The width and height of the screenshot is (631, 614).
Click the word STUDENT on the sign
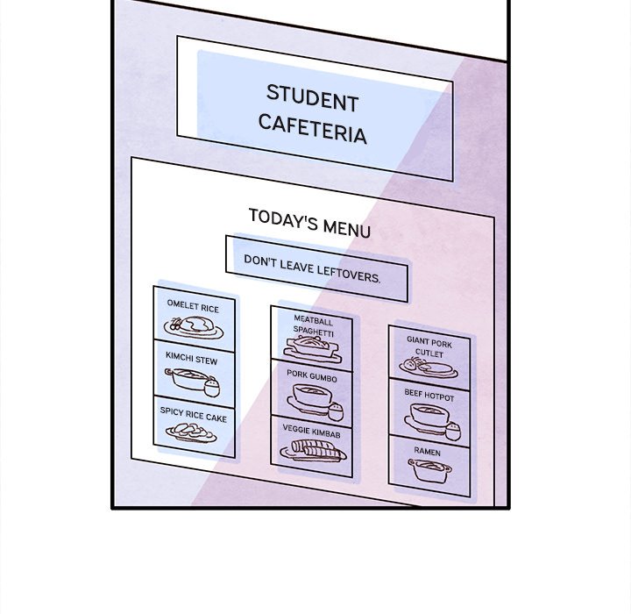tap(312, 97)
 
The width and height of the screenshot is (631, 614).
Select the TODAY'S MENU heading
tap(309, 222)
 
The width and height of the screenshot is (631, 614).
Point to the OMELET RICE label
tap(193, 308)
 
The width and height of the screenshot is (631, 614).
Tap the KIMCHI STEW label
tap(191, 360)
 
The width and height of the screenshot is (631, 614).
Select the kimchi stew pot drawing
tap(189, 380)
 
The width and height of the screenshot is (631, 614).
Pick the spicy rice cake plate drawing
tap(191, 432)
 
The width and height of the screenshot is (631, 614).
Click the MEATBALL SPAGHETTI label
tap(313, 327)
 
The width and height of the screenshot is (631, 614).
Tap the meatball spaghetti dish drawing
tap(312, 348)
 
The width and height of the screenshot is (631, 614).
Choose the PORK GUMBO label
tap(311, 375)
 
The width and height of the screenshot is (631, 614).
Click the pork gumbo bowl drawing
tap(313, 398)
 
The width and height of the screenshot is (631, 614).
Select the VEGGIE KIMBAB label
tap(311, 432)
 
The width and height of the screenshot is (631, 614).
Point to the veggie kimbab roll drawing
tap(312, 451)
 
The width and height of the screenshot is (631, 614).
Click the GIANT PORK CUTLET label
tap(429, 346)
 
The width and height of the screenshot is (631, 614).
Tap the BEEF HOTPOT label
tap(429, 396)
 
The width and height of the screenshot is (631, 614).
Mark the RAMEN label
tap(427, 451)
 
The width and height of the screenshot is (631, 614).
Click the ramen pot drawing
tap(429, 471)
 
